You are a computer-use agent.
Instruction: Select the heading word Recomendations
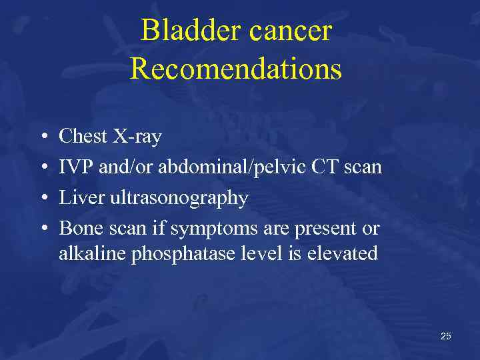tap(235, 69)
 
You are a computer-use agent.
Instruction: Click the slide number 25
tap(445, 336)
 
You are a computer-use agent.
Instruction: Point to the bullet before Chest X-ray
tap(41, 137)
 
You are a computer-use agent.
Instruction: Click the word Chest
tap(83, 137)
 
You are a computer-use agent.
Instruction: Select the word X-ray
tap(137, 137)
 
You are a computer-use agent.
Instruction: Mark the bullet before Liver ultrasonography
tap(41, 199)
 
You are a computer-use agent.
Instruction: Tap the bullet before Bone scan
tap(41, 229)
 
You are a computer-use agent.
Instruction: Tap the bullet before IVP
tap(41, 168)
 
